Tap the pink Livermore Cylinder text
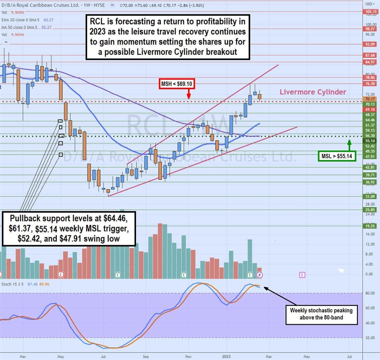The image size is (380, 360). tap(313, 92)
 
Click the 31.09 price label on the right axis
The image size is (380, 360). tap(370, 197)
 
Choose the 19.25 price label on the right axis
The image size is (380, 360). tap(370, 225)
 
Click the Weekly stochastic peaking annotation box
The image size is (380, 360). tap(321, 313)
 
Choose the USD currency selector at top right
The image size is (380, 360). tap(369, 3)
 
